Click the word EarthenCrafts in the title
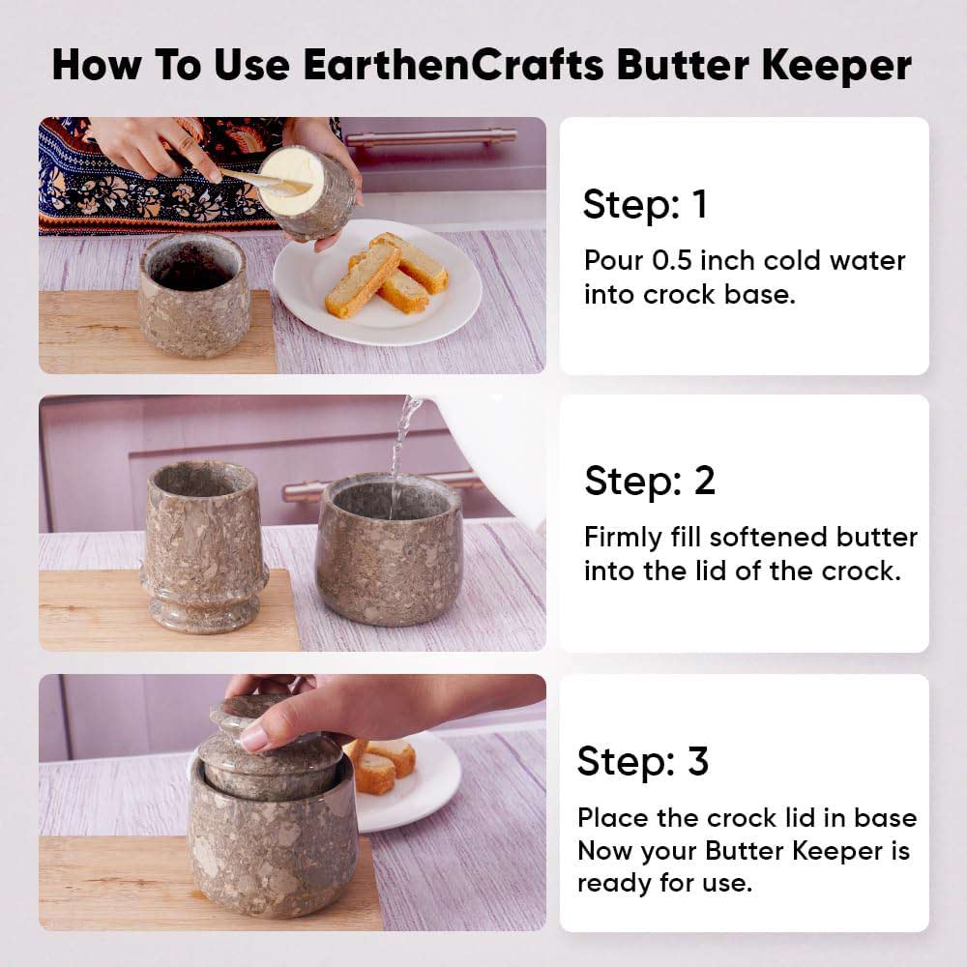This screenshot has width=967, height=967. (454, 65)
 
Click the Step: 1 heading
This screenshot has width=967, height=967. (645, 204)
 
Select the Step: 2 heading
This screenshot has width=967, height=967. (650, 481)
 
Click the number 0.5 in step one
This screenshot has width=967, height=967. (672, 260)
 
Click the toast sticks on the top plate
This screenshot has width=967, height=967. (386, 274)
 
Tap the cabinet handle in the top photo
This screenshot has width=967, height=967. (431, 137)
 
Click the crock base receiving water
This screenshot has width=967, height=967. (389, 549)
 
